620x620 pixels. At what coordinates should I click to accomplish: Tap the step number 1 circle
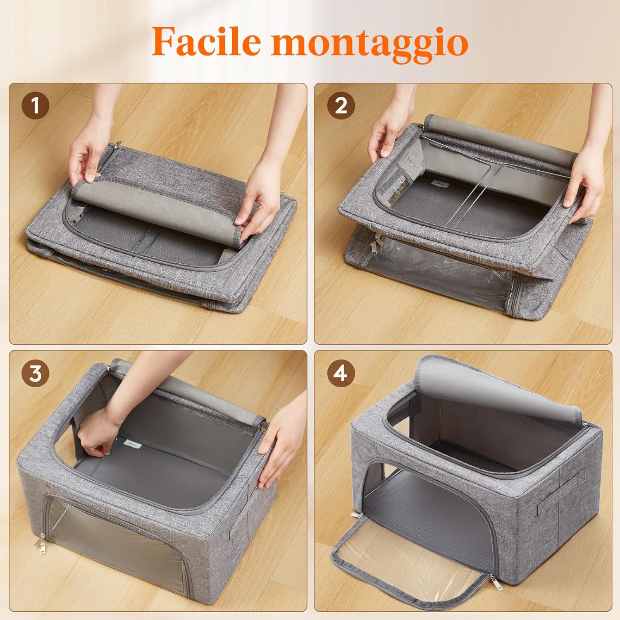pyautogui.click(x=35, y=105)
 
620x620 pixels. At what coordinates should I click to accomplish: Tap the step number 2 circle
pyautogui.click(x=341, y=105)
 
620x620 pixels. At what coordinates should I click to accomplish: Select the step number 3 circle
pyautogui.click(x=35, y=373)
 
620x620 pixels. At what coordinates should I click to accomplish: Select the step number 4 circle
pyautogui.click(x=341, y=373)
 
